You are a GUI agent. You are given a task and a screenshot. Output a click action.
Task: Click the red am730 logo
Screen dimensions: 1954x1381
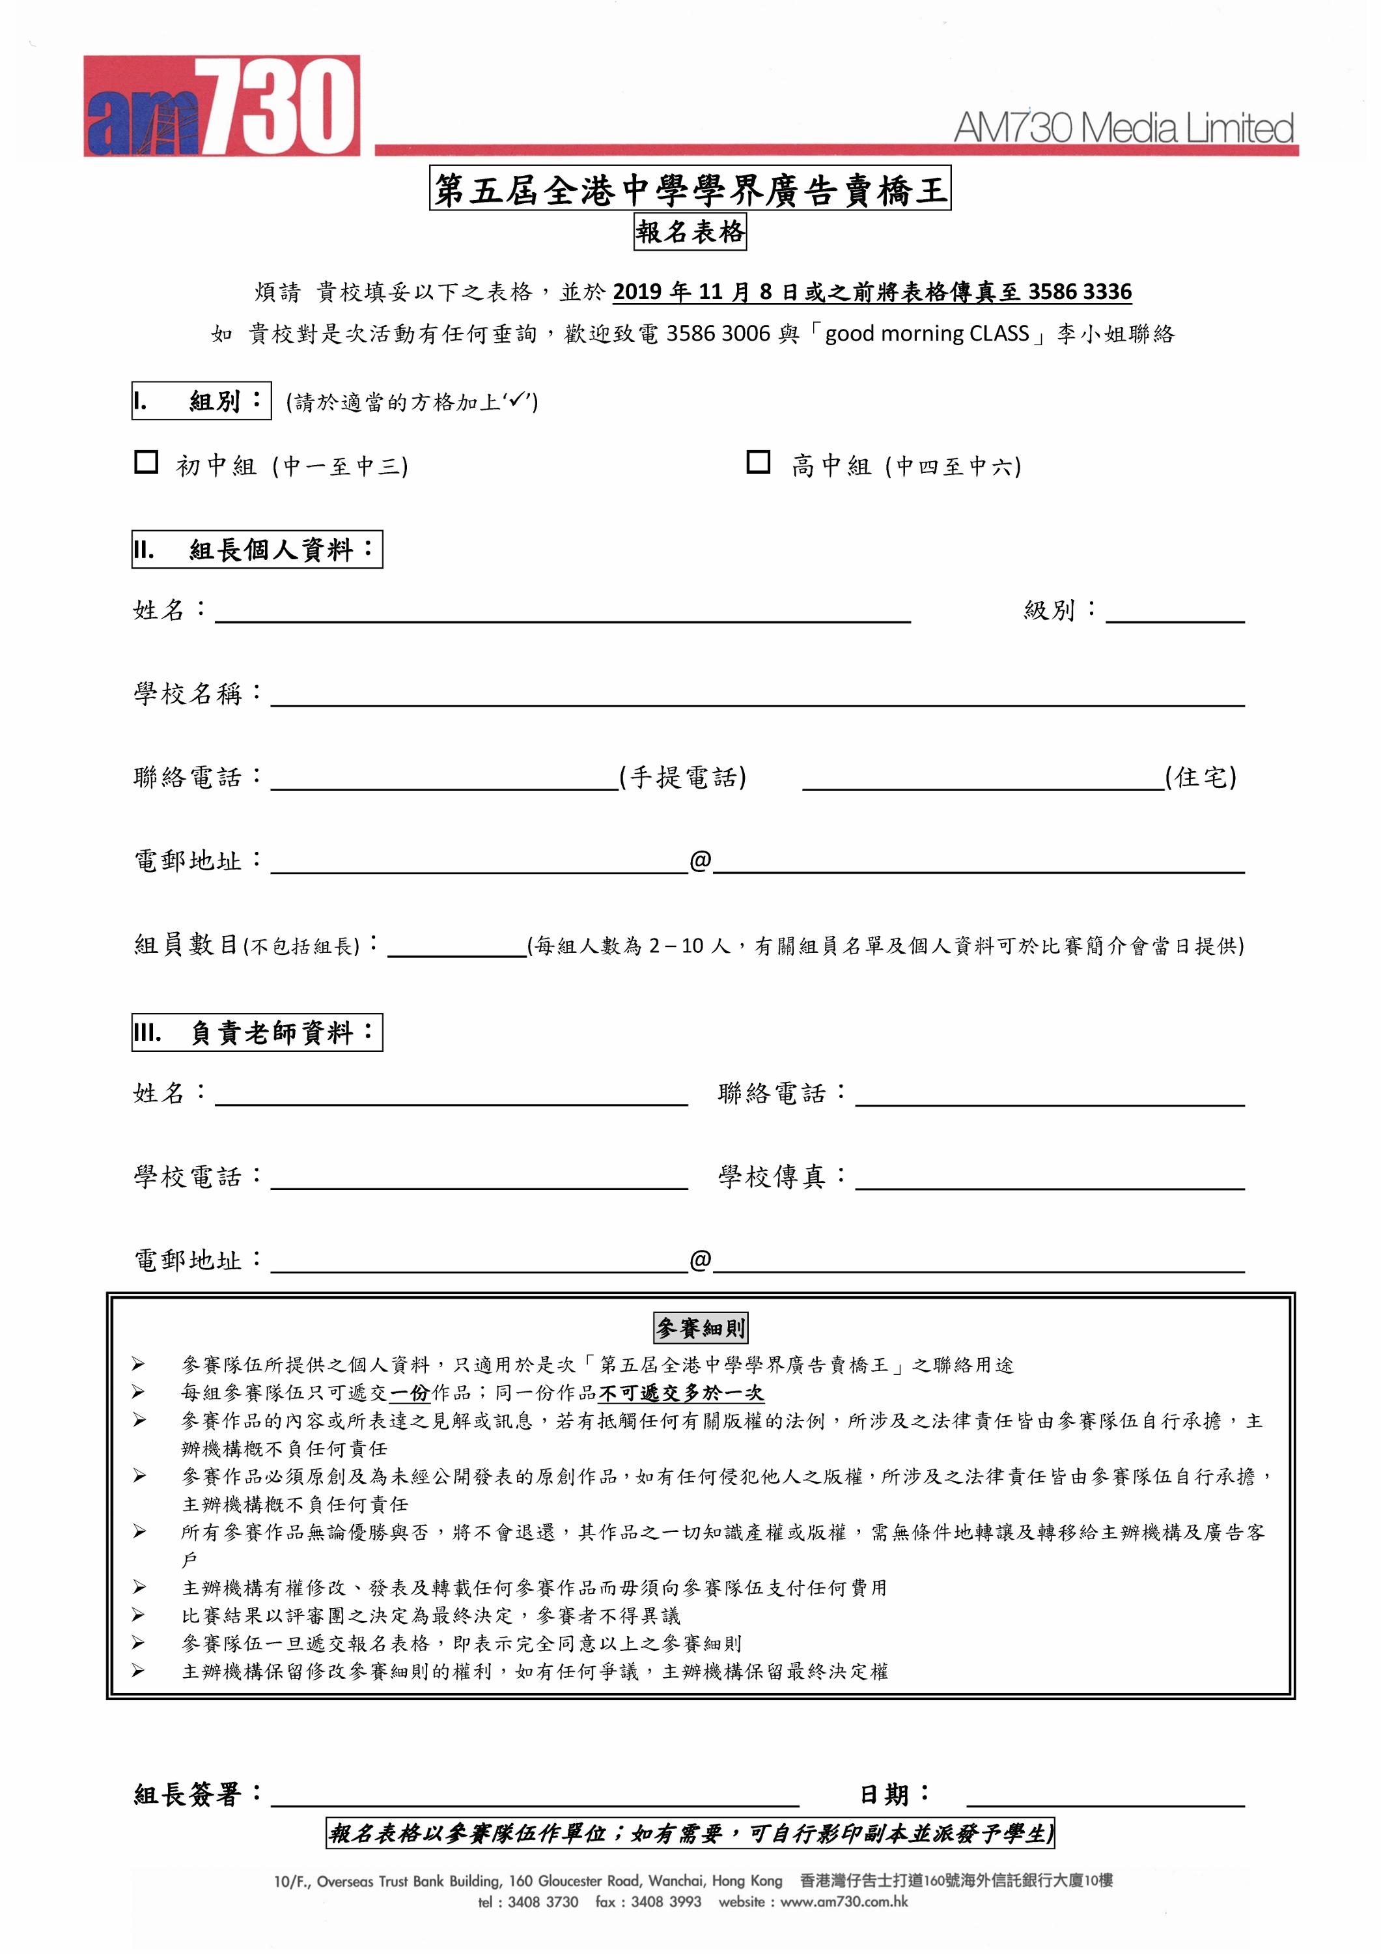[221, 106]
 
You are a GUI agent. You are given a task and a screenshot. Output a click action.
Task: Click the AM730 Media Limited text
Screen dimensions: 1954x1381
[1123, 128]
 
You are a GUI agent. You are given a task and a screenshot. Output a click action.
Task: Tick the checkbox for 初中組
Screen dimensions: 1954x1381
[146, 462]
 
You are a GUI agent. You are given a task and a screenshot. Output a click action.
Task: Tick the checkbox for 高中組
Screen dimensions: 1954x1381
[758, 462]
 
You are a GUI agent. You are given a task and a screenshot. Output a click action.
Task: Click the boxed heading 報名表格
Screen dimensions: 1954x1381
[690, 231]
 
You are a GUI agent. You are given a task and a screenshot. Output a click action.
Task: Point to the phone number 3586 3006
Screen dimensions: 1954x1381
[718, 333]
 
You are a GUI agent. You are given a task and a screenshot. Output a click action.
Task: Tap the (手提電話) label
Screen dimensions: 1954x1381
[682, 777]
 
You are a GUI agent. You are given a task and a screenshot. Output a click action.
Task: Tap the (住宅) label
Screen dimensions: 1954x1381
[1201, 777]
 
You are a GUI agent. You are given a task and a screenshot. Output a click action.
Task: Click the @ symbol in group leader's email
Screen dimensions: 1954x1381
[701, 860]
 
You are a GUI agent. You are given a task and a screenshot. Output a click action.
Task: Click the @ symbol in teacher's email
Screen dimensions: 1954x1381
[701, 1260]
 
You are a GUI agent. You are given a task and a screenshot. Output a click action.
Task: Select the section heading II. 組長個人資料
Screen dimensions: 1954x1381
[257, 550]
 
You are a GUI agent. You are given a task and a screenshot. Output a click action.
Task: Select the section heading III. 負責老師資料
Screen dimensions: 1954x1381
[257, 1032]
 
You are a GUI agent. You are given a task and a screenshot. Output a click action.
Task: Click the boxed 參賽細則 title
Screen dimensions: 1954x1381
[701, 1327]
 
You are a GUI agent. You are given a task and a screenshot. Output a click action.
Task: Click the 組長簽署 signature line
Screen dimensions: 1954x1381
[535, 1798]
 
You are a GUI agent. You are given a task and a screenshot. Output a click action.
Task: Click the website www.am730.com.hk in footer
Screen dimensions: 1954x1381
[843, 1902]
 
